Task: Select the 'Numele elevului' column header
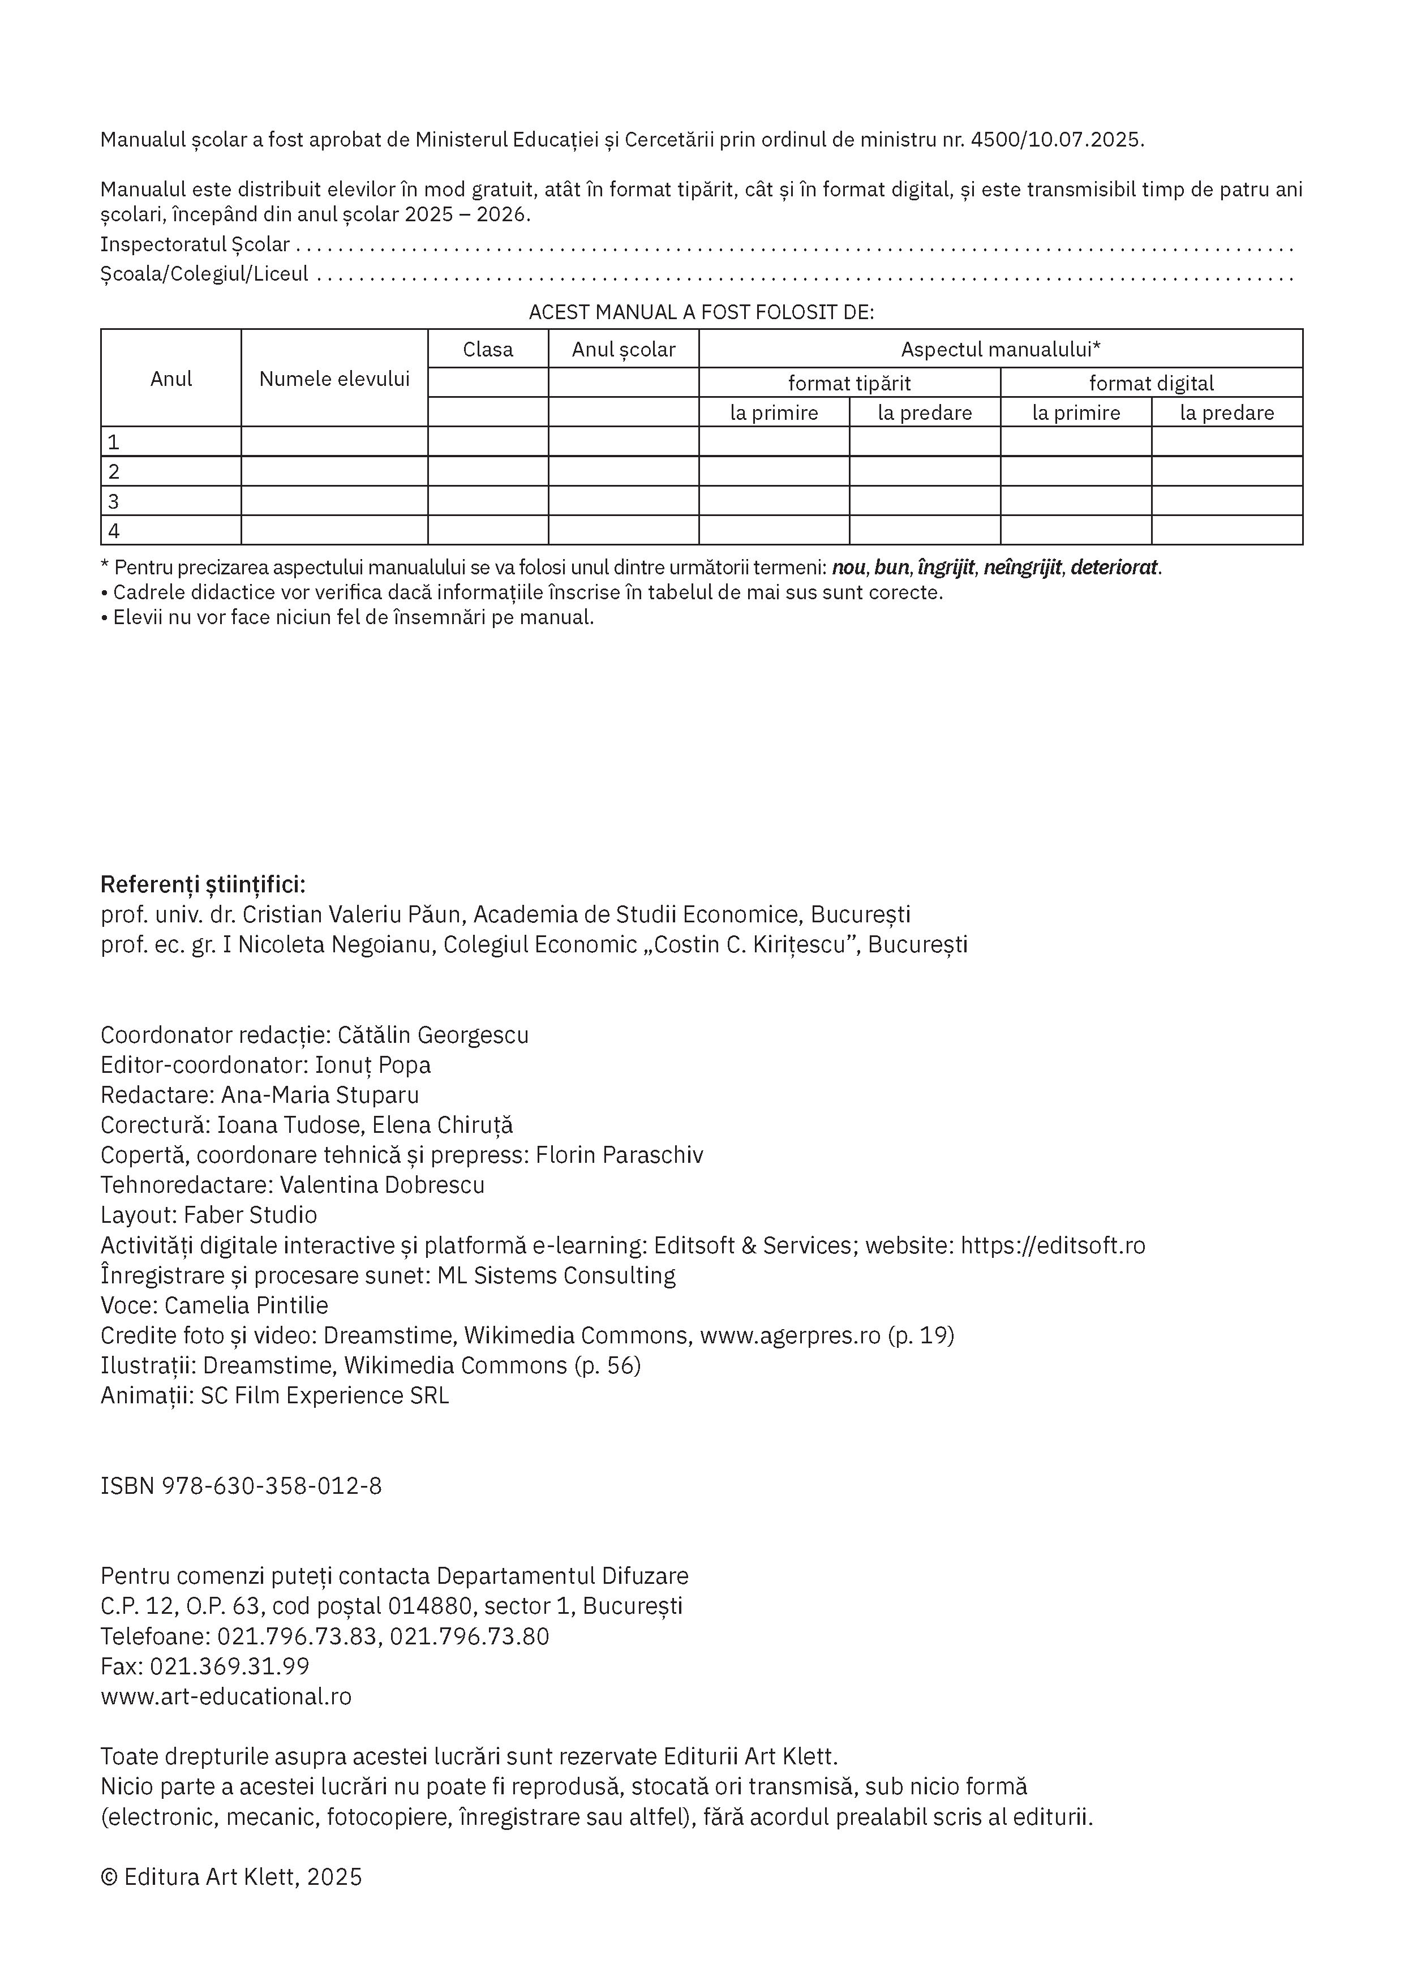(x=334, y=379)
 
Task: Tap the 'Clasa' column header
(x=488, y=349)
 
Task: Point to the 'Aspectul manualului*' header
(x=1001, y=349)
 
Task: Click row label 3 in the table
(x=113, y=501)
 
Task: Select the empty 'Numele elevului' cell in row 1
(x=334, y=442)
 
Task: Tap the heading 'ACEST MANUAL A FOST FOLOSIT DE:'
(x=701, y=312)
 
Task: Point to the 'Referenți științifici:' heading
(x=203, y=884)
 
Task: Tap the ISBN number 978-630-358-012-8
(x=272, y=1486)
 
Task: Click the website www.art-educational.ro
(x=226, y=1696)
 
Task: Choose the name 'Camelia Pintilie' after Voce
(x=246, y=1305)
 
